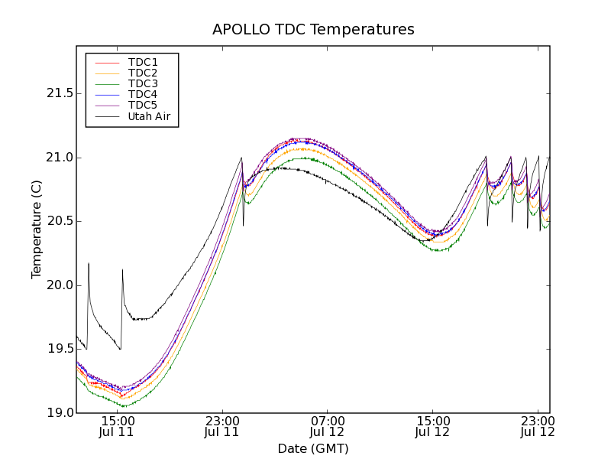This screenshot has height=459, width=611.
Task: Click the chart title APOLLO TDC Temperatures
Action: [x=313, y=30]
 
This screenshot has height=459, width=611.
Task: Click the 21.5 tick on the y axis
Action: [x=57, y=93]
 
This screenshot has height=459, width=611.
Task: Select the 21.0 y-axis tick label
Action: [x=57, y=158]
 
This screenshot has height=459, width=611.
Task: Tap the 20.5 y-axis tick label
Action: [x=57, y=221]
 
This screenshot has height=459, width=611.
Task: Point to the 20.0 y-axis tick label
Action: [x=57, y=285]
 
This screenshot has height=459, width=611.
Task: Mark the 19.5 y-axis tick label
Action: [x=57, y=349]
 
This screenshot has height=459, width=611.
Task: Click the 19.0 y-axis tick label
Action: [x=57, y=413]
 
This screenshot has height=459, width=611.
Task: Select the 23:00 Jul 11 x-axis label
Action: [x=222, y=426]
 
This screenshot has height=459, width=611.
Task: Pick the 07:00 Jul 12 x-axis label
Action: [x=328, y=426]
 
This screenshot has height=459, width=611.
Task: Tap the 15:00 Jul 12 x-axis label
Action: [x=432, y=426]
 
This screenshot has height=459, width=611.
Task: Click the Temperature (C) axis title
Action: [x=37, y=229]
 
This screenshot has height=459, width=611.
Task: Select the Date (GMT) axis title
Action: [x=313, y=448]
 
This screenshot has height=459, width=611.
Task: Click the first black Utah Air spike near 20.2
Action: [x=89, y=264]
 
